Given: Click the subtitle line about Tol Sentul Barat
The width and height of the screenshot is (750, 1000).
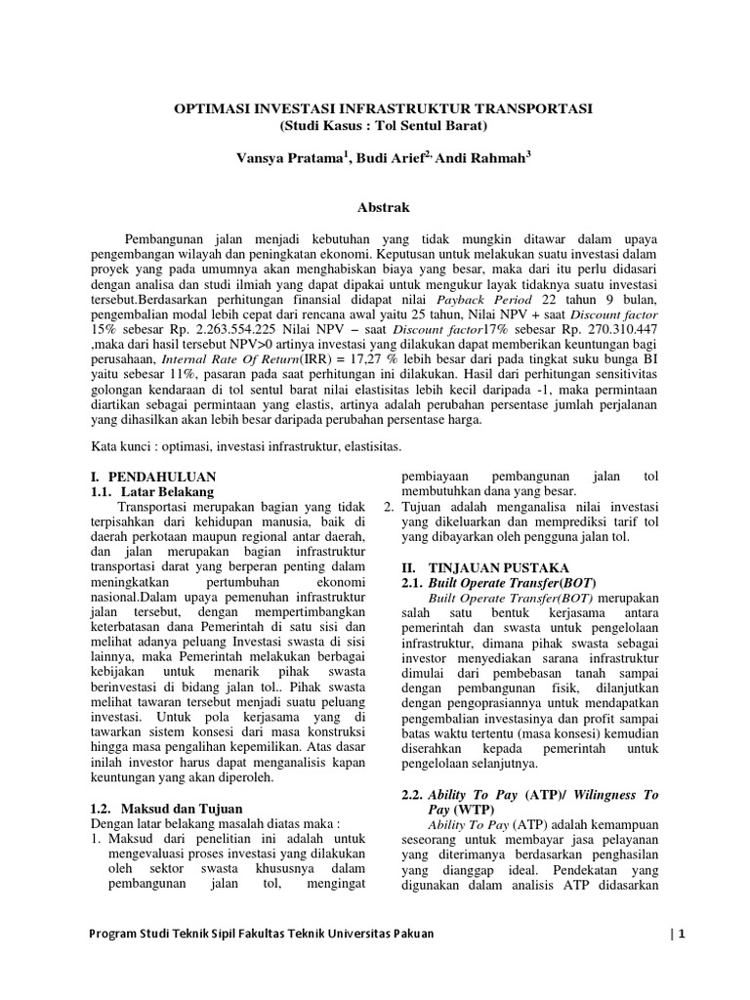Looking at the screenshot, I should (x=375, y=126).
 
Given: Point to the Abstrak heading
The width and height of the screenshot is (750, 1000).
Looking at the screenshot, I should (x=375, y=207).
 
